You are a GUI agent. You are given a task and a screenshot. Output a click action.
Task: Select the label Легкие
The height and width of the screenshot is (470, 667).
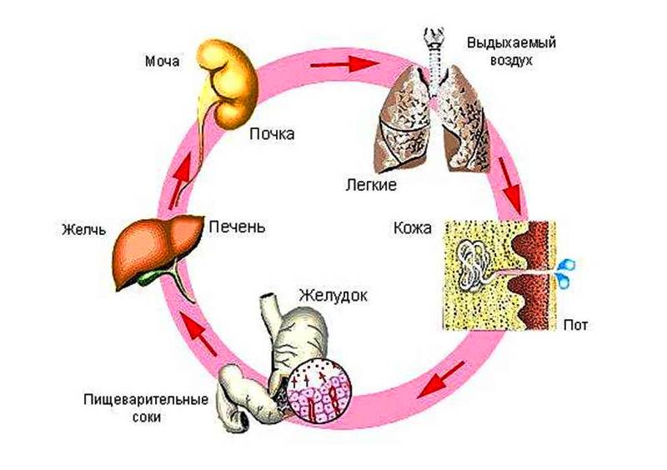pos(369,183)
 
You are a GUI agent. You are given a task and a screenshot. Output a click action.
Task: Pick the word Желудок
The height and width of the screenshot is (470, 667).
pos(331,296)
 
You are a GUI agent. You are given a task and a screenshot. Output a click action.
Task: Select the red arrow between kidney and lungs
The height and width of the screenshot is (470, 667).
pos(356,62)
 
